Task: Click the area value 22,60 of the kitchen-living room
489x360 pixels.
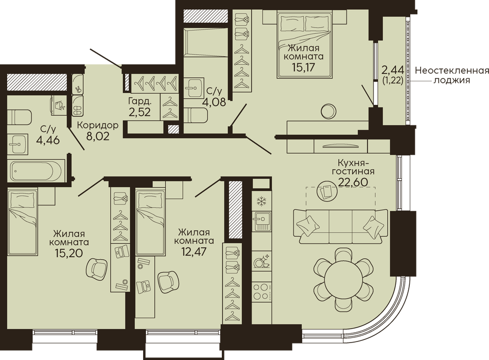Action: (353, 182)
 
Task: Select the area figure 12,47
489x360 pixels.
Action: (194, 251)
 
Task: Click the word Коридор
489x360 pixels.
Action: (98, 125)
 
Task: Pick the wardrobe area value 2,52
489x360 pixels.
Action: (139, 111)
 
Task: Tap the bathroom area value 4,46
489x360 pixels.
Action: (48, 140)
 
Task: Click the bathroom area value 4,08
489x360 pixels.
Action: (215, 102)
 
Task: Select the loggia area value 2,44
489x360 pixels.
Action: (393, 69)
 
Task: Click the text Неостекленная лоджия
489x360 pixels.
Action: (451, 75)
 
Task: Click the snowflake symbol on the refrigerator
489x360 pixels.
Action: (261, 202)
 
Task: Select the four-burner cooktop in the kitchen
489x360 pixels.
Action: (261, 291)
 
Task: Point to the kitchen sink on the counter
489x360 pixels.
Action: (261, 221)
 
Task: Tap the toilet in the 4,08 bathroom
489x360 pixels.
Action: (196, 115)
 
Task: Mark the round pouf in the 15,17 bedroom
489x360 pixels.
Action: (329, 111)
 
